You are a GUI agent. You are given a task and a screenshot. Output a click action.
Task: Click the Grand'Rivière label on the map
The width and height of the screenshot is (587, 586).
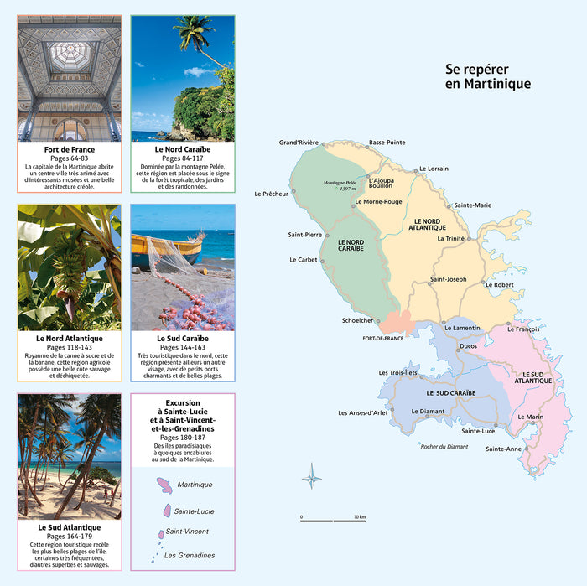tap(299, 143)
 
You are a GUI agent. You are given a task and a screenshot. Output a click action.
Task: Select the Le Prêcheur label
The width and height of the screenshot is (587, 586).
tap(272, 194)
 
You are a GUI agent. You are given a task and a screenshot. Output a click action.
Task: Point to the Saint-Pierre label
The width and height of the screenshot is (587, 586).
tap(305, 234)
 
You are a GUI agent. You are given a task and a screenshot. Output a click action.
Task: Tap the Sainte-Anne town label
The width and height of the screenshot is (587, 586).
tap(503, 449)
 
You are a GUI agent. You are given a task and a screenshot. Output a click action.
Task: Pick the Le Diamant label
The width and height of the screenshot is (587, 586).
tap(428, 411)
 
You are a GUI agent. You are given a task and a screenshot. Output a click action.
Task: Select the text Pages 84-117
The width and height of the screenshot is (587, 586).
tap(183, 158)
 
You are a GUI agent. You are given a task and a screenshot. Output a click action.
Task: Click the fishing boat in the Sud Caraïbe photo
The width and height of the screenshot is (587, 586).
tap(167, 248)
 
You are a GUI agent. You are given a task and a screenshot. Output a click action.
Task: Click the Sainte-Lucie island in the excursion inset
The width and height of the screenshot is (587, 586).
tap(164, 510)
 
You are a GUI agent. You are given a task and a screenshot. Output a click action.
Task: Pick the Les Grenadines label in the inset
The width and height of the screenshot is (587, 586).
tap(190, 555)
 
